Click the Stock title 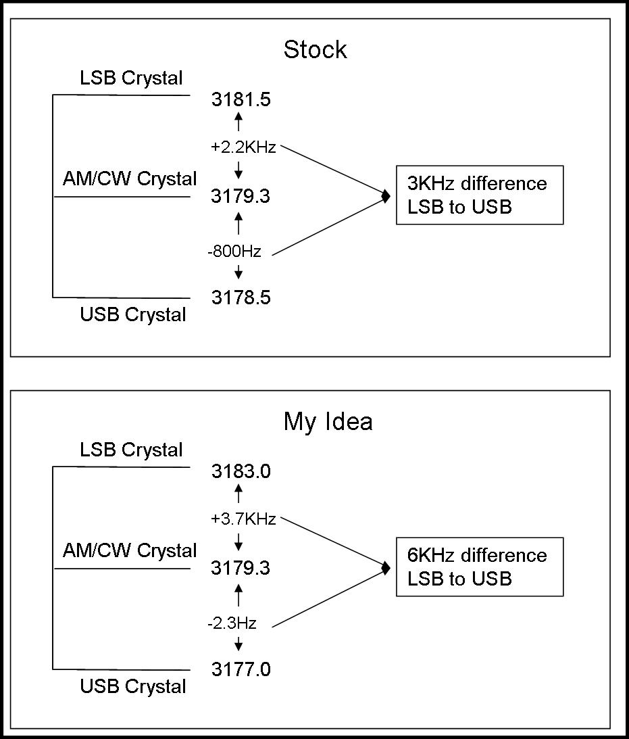coord(315,50)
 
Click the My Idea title coord(328,422)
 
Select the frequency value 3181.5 coord(241,100)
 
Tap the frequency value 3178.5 coord(241,297)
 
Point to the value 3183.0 coord(241,472)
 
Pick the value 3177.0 coord(241,669)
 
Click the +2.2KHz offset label coord(243,147)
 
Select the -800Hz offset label coord(234,252)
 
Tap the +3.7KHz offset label coord(243,519)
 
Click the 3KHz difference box coord(479,195)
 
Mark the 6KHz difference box coord(479,567)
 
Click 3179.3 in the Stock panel coord(241,196)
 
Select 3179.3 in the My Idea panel coord(241,568)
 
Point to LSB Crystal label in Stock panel coord(131,78)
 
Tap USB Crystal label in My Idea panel coord(132,687)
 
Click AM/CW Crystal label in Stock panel coord(130,179)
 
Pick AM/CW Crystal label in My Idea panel coord(130,551)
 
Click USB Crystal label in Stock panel coord(132,315)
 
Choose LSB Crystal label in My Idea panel coord(131,450)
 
